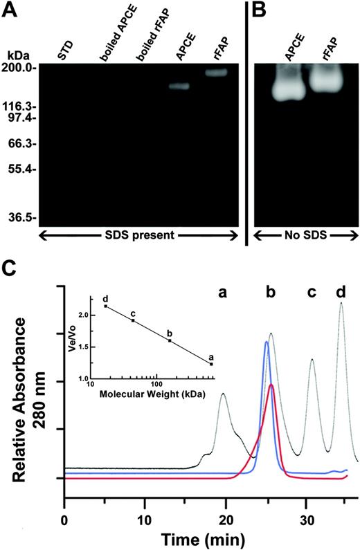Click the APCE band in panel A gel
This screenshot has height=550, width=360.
tap(179, 86)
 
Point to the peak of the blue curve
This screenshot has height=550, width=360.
tap(267, 342)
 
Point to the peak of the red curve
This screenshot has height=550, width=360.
tap(272, 385)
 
